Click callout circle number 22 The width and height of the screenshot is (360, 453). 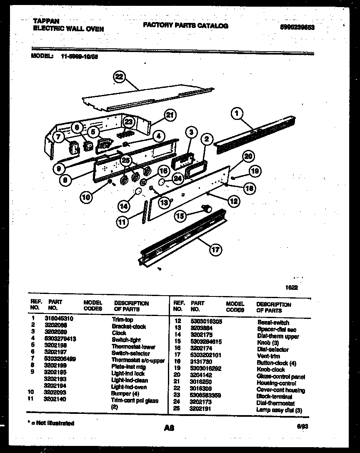120,77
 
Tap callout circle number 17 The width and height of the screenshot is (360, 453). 215,250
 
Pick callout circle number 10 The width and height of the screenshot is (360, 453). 86,197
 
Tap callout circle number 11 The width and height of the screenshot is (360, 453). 121,222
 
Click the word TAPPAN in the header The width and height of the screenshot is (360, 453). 46,21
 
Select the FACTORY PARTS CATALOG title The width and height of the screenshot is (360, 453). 185,26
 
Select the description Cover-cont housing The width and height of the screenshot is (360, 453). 280,390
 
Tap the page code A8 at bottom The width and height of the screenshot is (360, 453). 169,427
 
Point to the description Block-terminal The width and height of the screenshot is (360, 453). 274,397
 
